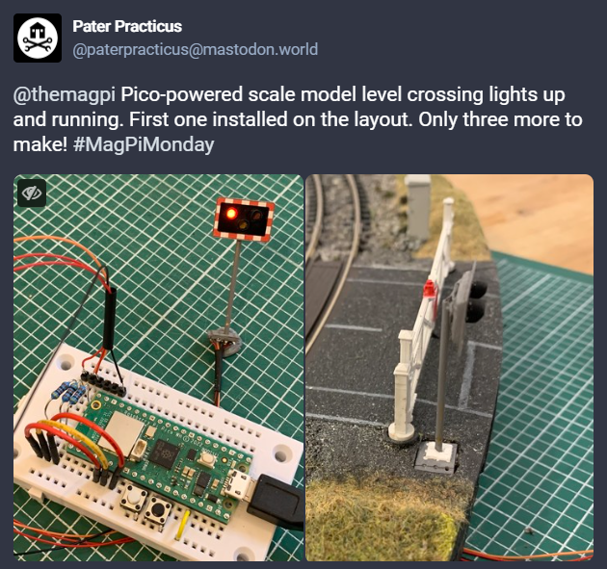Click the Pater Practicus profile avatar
point(38,38)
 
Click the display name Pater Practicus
point(127,26)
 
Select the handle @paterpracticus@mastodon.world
point(195,49)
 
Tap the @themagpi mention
point(65,94)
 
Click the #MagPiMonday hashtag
point(144,144)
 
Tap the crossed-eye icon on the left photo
point(32,193)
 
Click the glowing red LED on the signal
point(231,213)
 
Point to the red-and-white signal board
point(244,220)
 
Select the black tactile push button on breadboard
point(159,510)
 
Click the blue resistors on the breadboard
point(68,392)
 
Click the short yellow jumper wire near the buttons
point(182,526)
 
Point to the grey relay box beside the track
point(418,206)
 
